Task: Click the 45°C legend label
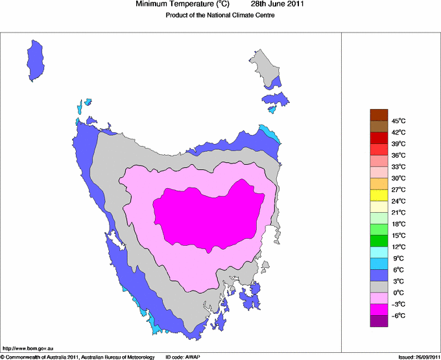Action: point(398,121)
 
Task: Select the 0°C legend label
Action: point(398,293)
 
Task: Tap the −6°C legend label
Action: point(398,315)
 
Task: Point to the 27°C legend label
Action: point(398,189)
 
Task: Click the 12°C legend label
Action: point(398,246)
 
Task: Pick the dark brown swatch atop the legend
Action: point(379,115)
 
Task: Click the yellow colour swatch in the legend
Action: point(379,195)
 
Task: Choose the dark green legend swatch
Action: point(379,241)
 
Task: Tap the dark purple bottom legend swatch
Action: point(379,320)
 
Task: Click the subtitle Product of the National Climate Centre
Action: point(220,16)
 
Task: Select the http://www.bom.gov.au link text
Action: point(24,349)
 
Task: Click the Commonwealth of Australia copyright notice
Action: point(78,357)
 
